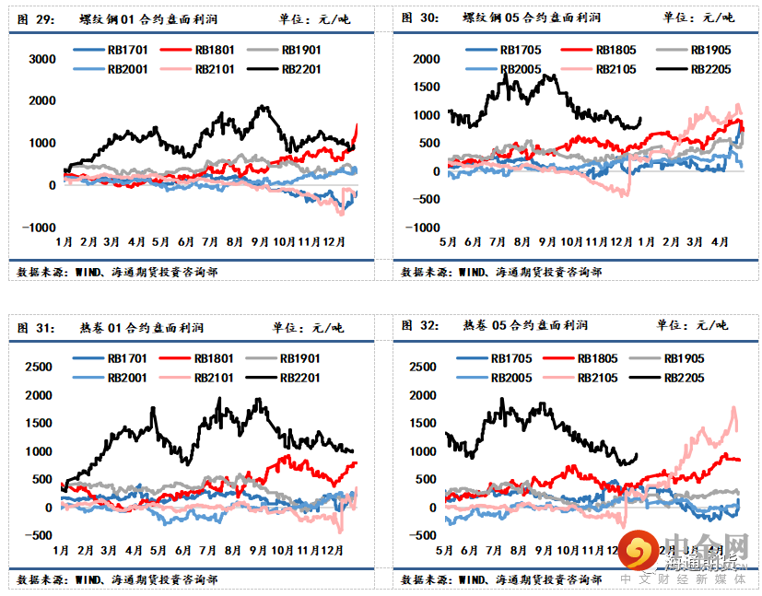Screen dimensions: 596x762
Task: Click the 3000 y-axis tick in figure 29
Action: click(x=42, y=58)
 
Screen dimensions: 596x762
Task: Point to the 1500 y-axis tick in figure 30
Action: click(x=427, y=87)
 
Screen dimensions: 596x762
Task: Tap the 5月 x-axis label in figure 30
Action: click(x=447, y=241)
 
